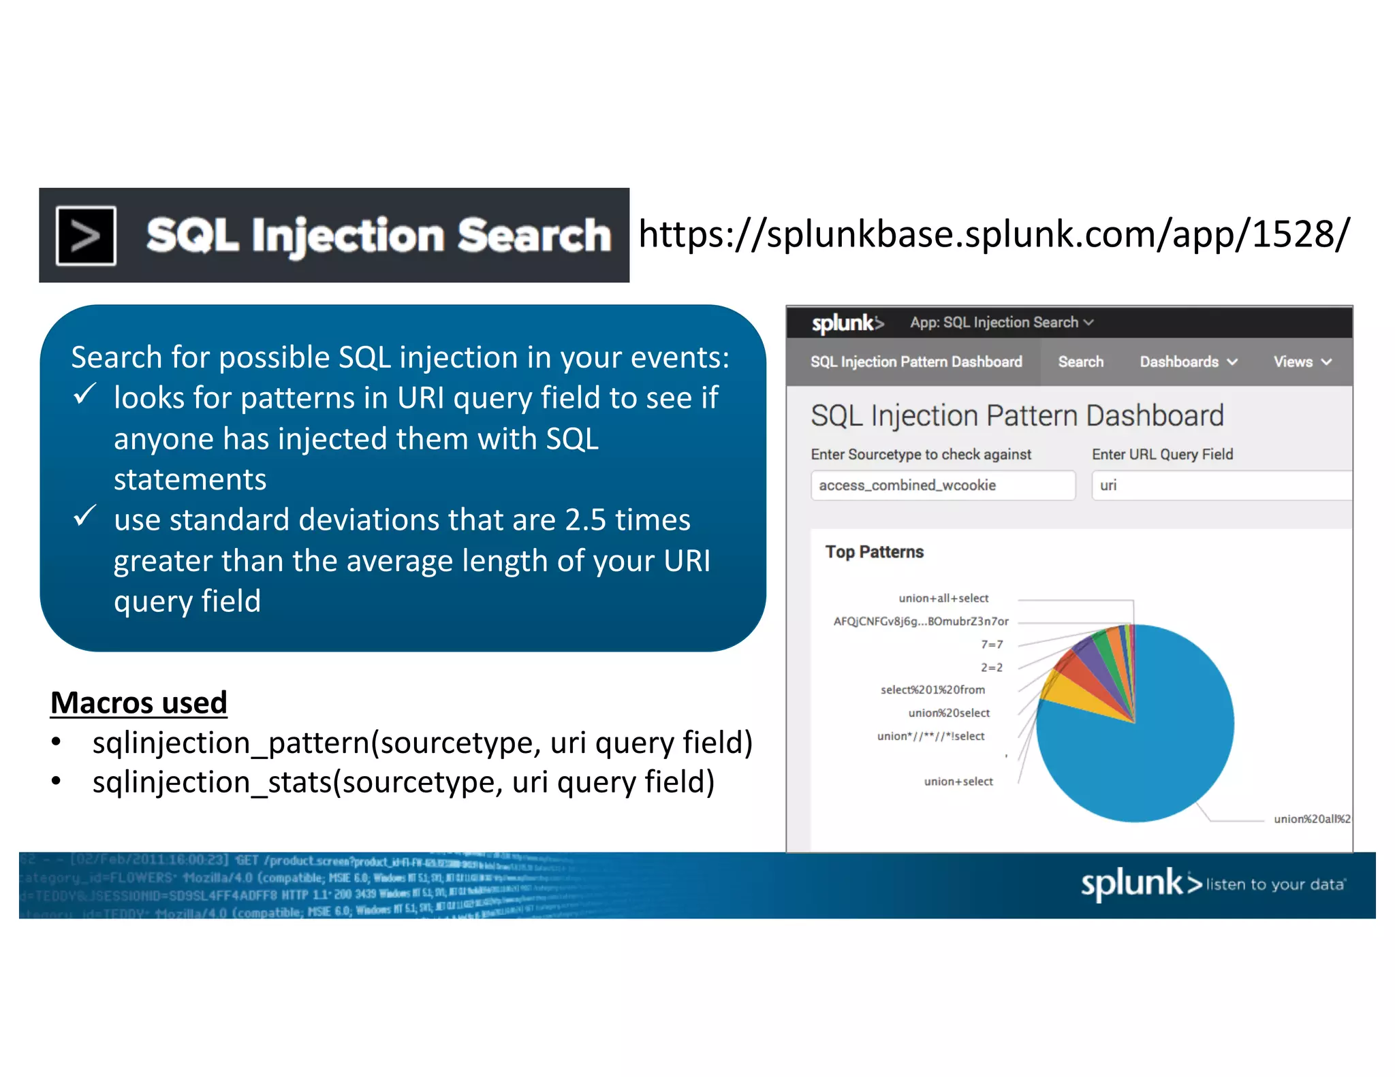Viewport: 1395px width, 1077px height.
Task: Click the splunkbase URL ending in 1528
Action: (993, 234)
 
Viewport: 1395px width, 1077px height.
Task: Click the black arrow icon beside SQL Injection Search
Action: (86, 236)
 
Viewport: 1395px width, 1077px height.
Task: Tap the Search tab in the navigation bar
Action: (1080, 362)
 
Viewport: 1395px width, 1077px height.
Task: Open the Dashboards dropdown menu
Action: (1188, 362)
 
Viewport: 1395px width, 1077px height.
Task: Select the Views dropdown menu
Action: (1302, 362)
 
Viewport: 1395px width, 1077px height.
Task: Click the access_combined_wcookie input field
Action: (943, 485)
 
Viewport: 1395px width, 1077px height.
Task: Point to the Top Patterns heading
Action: (874, 552)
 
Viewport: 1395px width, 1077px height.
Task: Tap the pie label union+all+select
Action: (943, 598)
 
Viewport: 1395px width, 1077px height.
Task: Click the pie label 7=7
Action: (992, 645)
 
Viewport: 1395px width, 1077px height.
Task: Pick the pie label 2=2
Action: (992, 668)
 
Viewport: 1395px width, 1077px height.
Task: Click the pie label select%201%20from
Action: (932, 690)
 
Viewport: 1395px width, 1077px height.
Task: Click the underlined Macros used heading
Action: (139, 703)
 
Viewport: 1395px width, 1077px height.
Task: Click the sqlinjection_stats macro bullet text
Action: (403, 782)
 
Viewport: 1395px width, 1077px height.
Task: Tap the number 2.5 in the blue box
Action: (585, 520)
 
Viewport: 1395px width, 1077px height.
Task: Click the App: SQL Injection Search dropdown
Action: (1001, 323)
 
